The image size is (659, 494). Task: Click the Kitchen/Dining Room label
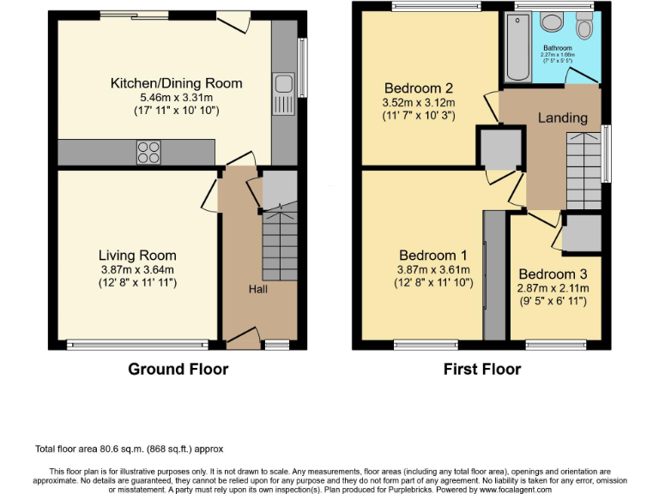click(x=176, y=83)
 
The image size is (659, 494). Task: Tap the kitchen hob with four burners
click(x=148, y=152)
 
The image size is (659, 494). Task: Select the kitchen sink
click(x=282, y=85)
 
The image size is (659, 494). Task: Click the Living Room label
click(x=137, y=255)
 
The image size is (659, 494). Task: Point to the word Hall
click(x=257, y=289)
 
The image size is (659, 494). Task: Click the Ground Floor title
click(x=178, y=370)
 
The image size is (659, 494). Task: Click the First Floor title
click(x=481, y=370)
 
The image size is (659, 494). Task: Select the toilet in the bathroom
click(x=585, y=28)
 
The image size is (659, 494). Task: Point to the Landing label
click(x=563, y=117)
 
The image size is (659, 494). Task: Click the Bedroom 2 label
click(x=418, y=87)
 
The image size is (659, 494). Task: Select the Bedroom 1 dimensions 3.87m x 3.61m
click(x=433, y=269)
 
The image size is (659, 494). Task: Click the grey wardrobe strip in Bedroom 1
click(x=494, y=274)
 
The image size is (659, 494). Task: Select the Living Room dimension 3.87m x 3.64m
click(x=137, y=269)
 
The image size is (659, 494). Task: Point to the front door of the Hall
click(x=242, y=340)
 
